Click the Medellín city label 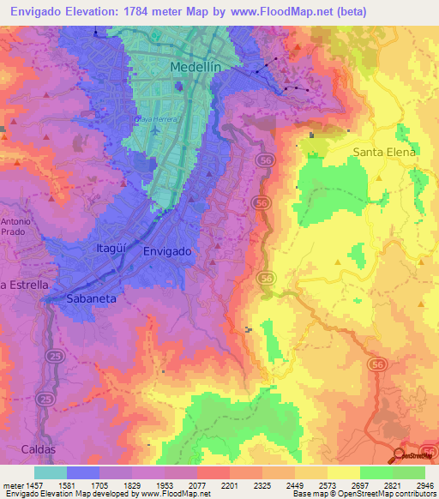(x=196, y=67)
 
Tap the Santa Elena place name (x=384, y=152)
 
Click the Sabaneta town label (x=92, y=298)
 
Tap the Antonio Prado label (x=16, y=226)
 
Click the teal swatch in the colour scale (x=50, y=472)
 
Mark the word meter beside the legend (x=12, y=484)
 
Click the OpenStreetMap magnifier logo (x=399, y=454)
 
